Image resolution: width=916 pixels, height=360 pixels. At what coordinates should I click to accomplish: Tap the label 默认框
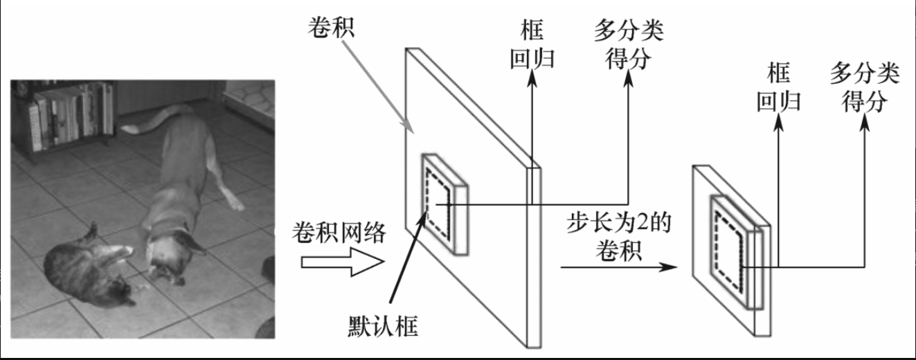point(384,324)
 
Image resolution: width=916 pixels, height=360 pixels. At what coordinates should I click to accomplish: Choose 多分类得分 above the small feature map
point(865,86)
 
